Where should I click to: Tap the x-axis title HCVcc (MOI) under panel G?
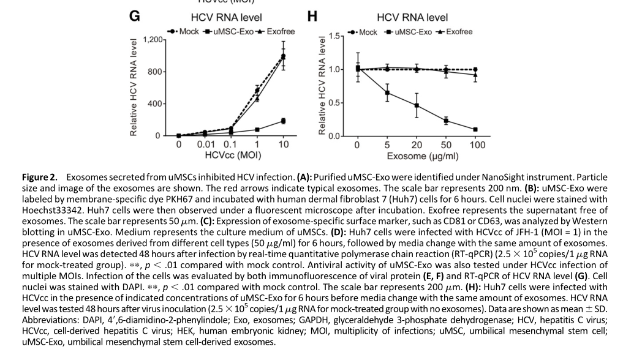tap(230, 156)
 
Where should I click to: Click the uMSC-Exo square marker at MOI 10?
tap(283, 121)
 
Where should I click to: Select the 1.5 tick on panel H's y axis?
tap(334, 36)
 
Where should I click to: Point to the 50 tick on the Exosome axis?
tap(445, 145)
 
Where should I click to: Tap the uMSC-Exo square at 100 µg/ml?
tap(475, 129)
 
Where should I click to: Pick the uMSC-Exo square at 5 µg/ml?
tap(387, 93)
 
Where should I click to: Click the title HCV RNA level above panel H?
tap(412, 17)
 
